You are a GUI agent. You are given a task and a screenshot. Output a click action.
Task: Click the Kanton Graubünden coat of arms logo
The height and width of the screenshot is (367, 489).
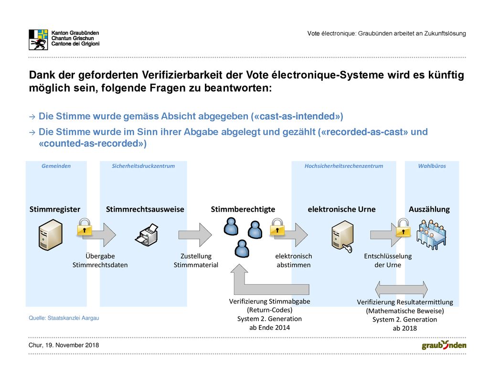tap(38, 40)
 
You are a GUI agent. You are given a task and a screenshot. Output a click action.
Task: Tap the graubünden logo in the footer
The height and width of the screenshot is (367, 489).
tap(444, 345)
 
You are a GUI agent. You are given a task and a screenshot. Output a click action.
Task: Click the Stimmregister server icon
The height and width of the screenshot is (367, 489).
tap(51, 235)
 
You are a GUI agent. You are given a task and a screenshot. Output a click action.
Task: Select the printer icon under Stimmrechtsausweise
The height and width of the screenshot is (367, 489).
tap(147, 235)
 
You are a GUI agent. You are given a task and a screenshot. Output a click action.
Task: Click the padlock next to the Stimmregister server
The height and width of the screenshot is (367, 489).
tap(85, 227)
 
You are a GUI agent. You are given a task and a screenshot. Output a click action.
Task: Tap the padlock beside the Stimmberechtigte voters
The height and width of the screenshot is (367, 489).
tap(277, 227)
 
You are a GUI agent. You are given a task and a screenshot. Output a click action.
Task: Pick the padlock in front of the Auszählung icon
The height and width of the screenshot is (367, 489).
tap(403, 227)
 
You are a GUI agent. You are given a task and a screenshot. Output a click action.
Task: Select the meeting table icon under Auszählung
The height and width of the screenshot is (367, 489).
tap(431, 235)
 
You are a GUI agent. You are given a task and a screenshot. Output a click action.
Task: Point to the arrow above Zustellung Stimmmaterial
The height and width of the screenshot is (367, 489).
tap(195, 235)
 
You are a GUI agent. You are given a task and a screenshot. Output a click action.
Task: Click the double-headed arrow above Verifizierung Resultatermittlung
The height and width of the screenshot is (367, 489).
tap(401, 289)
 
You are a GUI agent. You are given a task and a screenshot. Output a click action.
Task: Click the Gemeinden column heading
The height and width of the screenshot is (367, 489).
tap(56, 166)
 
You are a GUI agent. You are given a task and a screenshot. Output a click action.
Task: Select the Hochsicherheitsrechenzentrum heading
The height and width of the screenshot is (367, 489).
tap(344, 166)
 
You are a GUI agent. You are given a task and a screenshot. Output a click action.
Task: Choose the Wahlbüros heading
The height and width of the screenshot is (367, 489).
tap(432, 166)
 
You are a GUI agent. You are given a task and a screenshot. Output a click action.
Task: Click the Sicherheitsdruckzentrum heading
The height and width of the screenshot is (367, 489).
tap(143, 166)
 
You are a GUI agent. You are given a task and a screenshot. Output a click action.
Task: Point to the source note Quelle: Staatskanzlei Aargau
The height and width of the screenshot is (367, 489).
tap(64, 318)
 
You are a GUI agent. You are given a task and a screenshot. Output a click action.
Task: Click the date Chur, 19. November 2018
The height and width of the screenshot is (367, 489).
tap(64, 345)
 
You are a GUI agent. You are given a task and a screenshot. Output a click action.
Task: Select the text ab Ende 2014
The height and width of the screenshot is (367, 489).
tap(269, 328)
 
